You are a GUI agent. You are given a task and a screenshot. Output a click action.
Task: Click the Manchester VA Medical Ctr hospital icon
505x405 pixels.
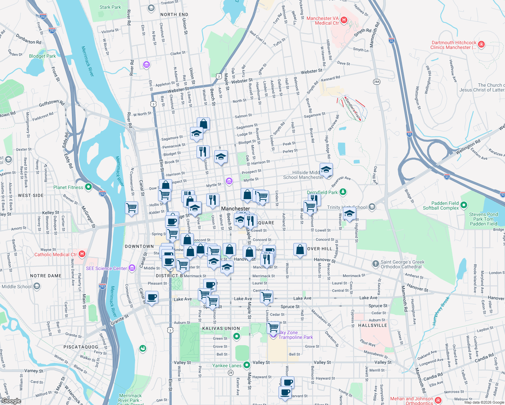click(344, 20)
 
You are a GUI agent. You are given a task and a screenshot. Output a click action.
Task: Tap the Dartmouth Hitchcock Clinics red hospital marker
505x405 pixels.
click(481, 45)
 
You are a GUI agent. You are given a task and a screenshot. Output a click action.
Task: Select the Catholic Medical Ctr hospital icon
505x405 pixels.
click(82, 254)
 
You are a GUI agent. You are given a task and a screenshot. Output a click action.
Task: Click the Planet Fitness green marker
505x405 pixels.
click(88, 187)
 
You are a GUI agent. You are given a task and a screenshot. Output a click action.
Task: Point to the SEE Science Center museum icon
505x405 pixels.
click(132, 268)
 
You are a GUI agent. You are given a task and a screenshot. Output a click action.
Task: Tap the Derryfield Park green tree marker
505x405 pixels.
click(343, 192)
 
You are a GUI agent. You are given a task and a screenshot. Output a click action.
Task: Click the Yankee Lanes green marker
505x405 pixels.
click(247, 365)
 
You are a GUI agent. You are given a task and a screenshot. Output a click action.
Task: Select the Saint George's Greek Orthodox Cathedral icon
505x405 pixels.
click(375, 264)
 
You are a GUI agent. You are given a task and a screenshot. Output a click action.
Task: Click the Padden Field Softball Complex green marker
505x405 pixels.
click(464, 205)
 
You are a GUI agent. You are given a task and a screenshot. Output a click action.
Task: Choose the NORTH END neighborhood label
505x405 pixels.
click(174, 15)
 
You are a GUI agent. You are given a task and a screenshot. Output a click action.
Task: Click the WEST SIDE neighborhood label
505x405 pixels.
click(31, 195)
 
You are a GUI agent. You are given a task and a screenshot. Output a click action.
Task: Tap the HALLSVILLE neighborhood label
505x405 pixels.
click(372, 325)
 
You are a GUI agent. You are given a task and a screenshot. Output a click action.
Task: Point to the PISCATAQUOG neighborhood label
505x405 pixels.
click(81, 347)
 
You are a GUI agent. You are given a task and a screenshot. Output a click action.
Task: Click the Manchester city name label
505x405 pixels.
click(235, 209)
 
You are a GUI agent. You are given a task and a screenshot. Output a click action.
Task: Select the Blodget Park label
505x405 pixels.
click(42, 56)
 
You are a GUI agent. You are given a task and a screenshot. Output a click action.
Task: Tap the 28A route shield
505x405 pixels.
click(377, 81)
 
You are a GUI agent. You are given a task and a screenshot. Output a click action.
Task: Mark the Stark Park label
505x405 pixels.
click(110, 7)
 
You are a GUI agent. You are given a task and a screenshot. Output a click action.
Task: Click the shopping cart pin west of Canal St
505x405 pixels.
click(131, 208)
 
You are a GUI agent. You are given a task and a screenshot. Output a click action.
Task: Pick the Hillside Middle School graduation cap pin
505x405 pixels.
click(326, 169)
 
